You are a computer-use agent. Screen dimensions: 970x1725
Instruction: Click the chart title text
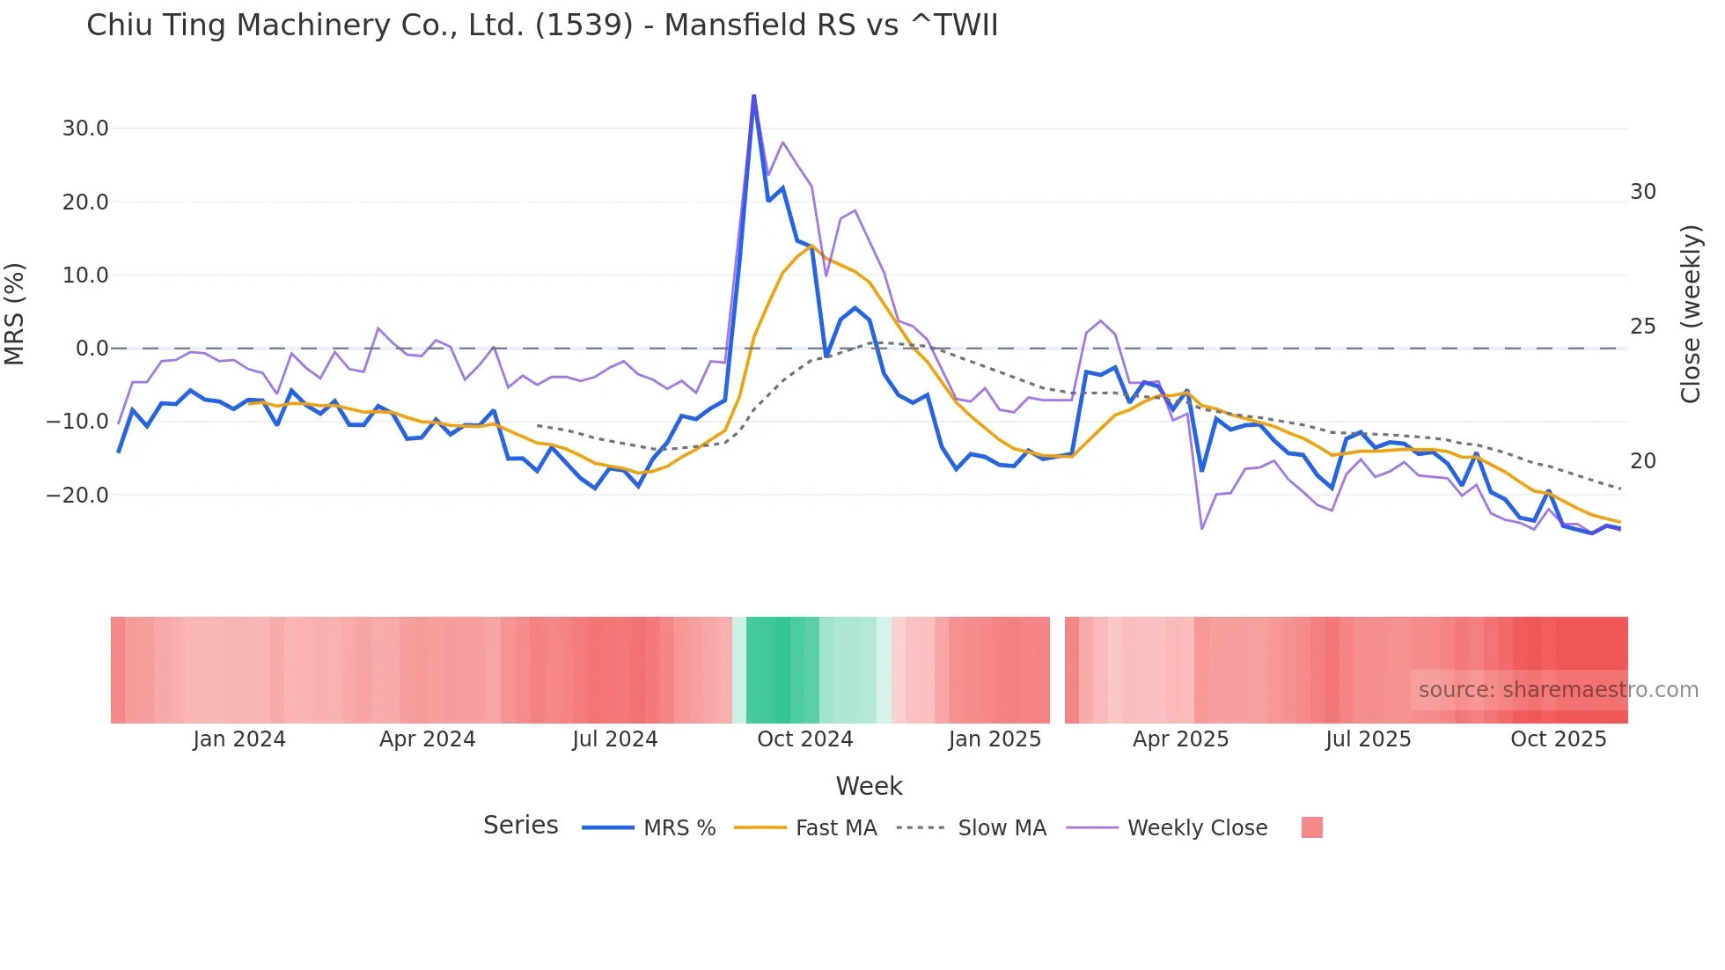(542, 26)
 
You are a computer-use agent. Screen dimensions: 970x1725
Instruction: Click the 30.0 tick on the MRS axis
(85, 129)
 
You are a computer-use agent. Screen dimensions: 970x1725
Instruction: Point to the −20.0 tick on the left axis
(78, 496)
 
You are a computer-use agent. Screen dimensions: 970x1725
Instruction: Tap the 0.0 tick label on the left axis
(92, 349)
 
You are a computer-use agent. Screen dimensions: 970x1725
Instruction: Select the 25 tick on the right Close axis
(1642, 327)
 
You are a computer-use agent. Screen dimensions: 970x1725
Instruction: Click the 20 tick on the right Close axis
(1642, 461)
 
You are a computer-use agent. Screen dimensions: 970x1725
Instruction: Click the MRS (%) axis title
(15, 313)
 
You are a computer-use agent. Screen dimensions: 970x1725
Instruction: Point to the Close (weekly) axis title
(1690, 314)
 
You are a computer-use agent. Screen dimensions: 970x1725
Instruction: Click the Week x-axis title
(869, 786)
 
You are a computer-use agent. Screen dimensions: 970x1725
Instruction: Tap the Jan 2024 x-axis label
(239, 739)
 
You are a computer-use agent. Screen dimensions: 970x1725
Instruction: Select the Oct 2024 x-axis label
(804, 739)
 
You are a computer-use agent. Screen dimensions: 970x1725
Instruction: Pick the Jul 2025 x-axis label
(1368, 739)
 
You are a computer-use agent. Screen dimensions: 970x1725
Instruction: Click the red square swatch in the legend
(1311, 827)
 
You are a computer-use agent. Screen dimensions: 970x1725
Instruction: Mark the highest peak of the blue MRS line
(753, 96)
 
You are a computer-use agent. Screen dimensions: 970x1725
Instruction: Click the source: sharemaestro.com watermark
(1558, 690)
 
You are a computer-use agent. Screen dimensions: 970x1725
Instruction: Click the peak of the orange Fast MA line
(811, 246)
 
